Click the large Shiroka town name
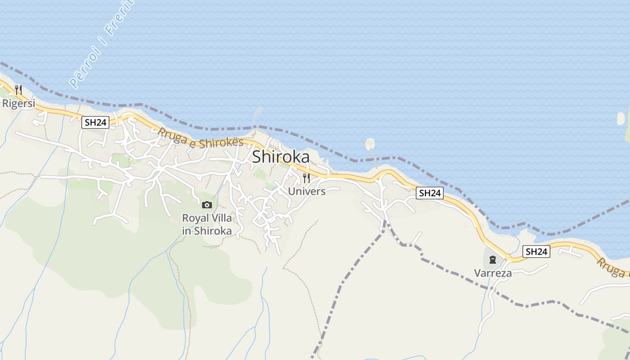click(x=281, y=157)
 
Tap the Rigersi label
click(x=18, y=103)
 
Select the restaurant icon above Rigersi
click(x=18, y=90)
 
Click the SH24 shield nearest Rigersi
click(x=95, y=122)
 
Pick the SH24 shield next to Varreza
click(x=536, y=252)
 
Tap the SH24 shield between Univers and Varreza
click(x=429, y=193)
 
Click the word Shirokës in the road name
click(x=221, y=143)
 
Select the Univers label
click(x=306, y=191)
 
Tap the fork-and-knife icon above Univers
click(x=306, y=178)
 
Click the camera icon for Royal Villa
click(x=207, y=205)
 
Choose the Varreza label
click(x=493, y=273)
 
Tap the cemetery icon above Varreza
click(x=493, y=260)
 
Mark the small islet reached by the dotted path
click(x=370, y=143)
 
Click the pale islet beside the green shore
click(x=621, y=118)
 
